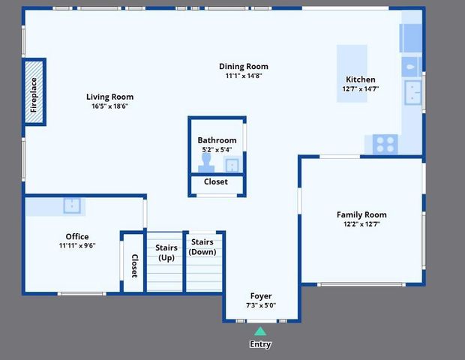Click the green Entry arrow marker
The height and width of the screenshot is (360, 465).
tap(259, 331)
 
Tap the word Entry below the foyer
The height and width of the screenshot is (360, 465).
tap(259, 344)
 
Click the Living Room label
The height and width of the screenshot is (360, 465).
tap(109, 97)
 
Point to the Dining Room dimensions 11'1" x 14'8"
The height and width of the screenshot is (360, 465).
tap(243, 76)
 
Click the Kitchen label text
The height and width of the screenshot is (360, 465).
tap(360, 79)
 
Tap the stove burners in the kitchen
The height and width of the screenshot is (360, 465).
tap(385, 142)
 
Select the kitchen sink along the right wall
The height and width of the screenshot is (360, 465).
tap(413, 91)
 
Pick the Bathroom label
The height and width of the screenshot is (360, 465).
tap(217, 140)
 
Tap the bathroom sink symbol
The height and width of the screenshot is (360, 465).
tap(232, 164)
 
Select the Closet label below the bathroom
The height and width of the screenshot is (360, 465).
tap(216, 181)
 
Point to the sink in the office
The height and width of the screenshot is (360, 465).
tap(72, 205)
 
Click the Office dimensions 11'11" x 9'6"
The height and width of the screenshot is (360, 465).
tap(77, 245)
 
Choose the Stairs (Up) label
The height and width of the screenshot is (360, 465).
tap(166, 252)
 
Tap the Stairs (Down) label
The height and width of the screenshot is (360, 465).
tap(202, 247)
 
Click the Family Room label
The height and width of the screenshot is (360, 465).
tap(361, 214)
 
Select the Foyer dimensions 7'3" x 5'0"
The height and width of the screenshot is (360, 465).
tap(261, 305)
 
